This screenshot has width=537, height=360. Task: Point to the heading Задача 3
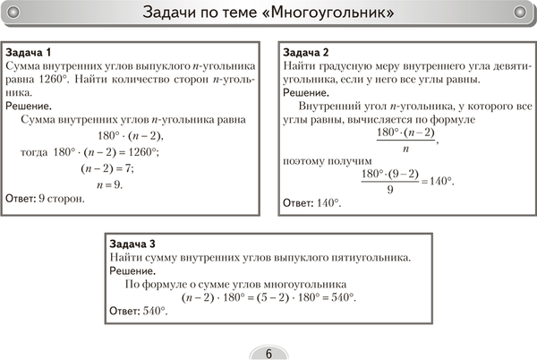132,244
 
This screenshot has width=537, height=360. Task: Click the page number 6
268,351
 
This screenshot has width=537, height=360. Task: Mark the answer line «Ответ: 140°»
312,204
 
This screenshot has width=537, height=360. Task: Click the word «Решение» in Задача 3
131,271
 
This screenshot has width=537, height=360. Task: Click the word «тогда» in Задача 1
36,152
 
